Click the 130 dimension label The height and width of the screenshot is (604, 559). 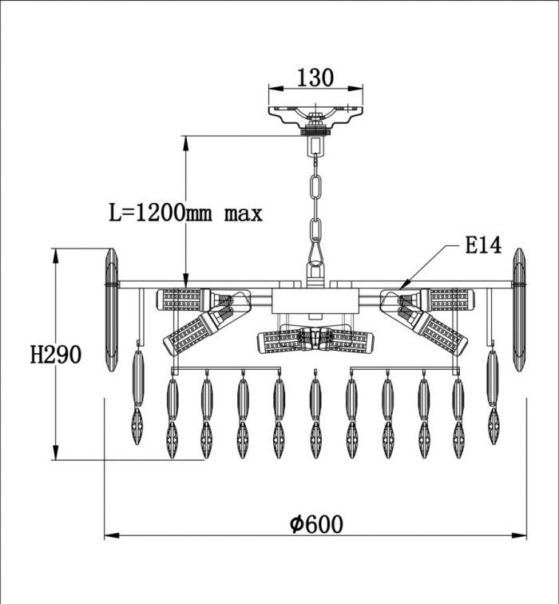pos(315,77)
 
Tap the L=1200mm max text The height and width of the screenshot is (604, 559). pos(185,213)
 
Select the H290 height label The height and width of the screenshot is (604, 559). pos(56,355)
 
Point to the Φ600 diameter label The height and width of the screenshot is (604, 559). pos(316,524)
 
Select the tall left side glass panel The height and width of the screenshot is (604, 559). pos(111,310)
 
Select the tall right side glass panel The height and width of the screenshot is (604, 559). pos(518,310)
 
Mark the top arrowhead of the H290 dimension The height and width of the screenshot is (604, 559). pos(56,256)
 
